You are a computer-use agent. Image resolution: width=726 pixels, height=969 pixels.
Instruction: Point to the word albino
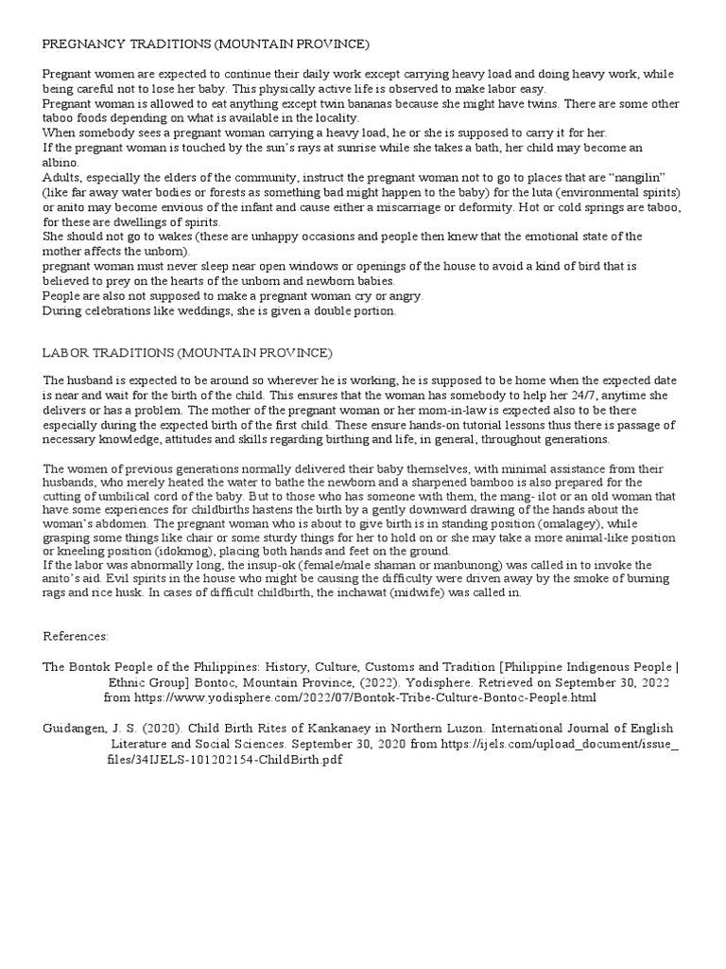tap(60, 162)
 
